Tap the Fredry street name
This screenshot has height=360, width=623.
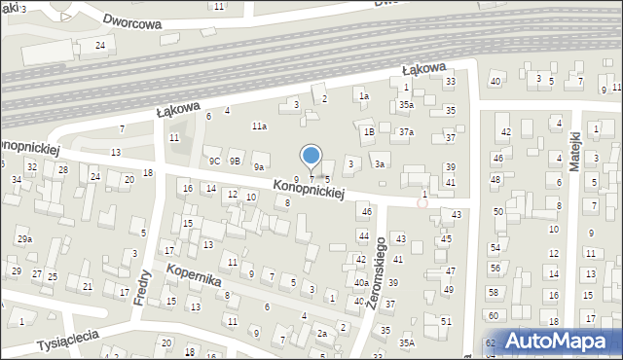(x=141, y=286)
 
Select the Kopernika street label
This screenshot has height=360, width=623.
(x=194, y=273)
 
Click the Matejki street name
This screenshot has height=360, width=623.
(x=575, y=153)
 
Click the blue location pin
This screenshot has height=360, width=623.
(x=311, y=157)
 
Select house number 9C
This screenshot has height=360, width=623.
(x=213, y=161)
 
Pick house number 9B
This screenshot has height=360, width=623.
(x=235, y=161)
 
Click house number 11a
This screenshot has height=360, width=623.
(x=259, y=126)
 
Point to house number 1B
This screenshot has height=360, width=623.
(x=369, y=131)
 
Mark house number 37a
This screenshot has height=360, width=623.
(x=406, y=131)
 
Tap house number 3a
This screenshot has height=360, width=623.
(x=382, y=164)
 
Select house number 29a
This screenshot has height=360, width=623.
(x=24, y=239)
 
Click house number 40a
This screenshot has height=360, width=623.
(x=360, y=282)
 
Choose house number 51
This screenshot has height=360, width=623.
(x=446, y=321)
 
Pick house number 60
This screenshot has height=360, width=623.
(x=493, y=315)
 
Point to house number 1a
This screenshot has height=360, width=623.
(x=363, y=96)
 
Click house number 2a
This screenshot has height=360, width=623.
(x=321, y=334)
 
